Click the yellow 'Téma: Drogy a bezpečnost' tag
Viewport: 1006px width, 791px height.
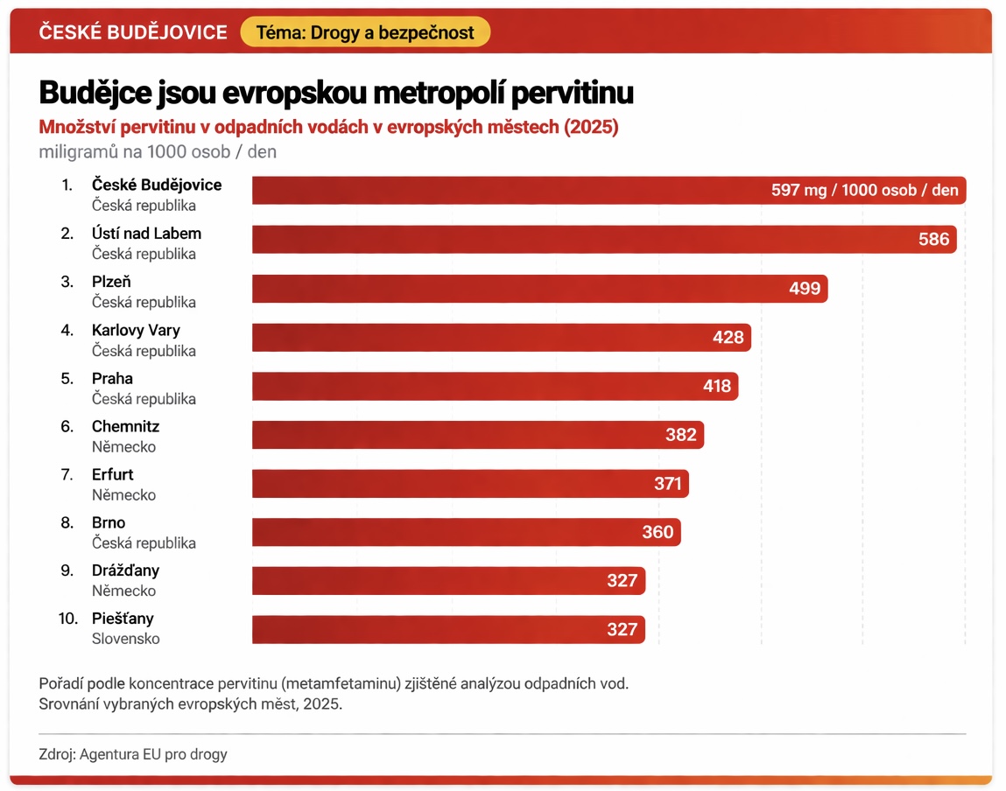click(364, 32)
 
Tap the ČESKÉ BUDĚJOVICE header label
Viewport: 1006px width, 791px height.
click(133, 32)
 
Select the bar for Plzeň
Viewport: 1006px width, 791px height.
click(539, 289)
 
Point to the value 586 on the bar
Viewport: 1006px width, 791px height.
click(933, 239)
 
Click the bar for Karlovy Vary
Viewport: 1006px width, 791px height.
click(501, 338)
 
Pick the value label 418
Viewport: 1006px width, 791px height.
click(716, 386)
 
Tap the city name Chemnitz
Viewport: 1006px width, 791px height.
click(125, 427)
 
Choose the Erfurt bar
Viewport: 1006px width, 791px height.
click(470, 483)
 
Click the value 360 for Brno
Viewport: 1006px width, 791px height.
click(658, 532)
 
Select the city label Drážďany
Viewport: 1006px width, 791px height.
click(125, 570)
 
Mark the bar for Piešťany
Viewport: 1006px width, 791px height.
click(448, 629)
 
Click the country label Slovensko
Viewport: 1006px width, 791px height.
click(126, 639)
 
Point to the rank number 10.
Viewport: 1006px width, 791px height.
click(68, 619)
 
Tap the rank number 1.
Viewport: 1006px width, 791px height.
click(67, 185)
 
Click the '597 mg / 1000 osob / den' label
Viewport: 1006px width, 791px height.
click(864, 190)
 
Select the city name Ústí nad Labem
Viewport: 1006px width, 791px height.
click(146, 234)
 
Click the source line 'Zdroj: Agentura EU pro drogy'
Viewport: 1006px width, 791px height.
click(133, 753)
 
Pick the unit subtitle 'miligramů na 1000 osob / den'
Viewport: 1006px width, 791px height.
click(158, 151)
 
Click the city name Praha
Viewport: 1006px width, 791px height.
click(112, 379)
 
